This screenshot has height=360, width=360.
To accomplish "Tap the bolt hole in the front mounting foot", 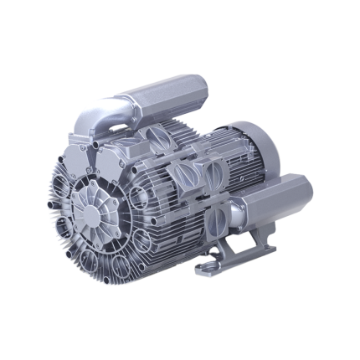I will [208, 270].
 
